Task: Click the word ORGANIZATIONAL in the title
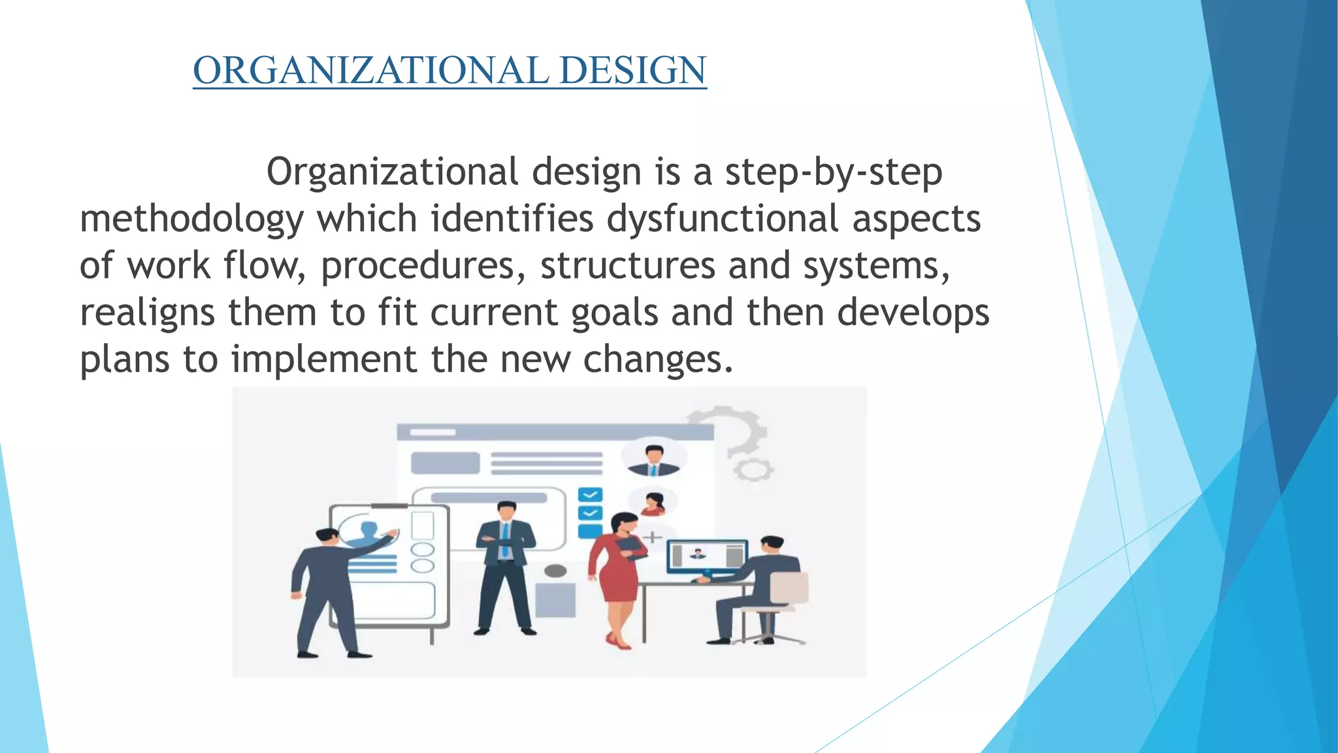[x=370, y=71]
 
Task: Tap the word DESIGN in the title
[x=633, y=71]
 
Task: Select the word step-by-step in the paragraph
[x=834, y=173]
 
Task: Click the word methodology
[x=191, y=220]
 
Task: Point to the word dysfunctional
[x=723, y=218]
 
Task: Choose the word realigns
[x=147, y=314]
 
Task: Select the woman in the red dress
[x=617, y=575]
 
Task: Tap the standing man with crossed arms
[x=504, y=562]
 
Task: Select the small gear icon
[x=753, y=469]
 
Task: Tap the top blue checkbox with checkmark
[x=590, y=495]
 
